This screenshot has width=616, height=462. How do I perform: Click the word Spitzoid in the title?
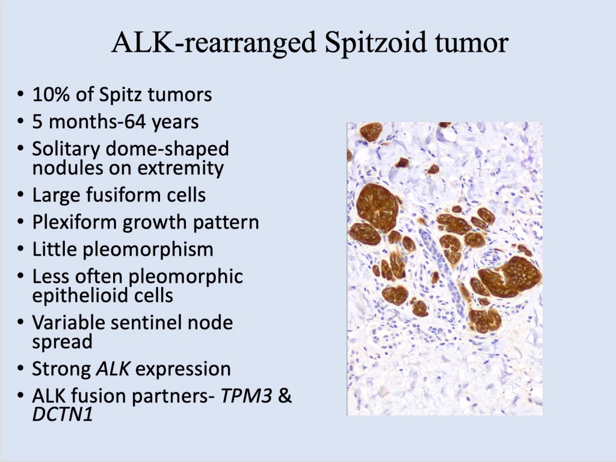pos(376,43)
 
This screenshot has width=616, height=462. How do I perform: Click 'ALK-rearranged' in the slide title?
pos(214,43)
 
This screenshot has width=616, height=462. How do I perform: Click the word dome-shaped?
pos(167,149)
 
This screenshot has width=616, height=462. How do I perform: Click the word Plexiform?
pos(75,223)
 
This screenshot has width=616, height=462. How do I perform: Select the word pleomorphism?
pos(148,250)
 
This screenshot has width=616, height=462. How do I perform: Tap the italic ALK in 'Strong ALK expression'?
pos(112,369)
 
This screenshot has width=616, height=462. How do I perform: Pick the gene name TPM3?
pos(246,396)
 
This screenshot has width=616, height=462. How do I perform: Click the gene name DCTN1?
pos(63,414)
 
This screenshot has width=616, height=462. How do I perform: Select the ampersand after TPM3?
pos(285,396)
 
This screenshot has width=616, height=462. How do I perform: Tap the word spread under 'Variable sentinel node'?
pos(62,342)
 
